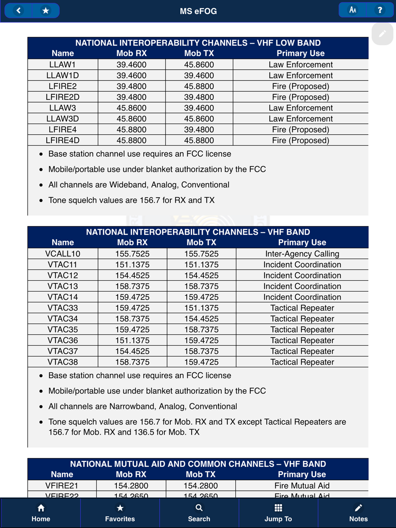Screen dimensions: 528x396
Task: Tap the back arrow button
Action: [18, 11]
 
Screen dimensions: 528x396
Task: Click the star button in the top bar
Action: [46, 11]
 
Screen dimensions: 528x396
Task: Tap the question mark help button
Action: [380, 10]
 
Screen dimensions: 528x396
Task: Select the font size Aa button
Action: [352, 10]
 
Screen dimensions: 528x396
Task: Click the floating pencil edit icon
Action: [382, 34]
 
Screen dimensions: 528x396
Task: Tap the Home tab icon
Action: [41, 508]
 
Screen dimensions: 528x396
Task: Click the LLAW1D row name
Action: [63, 76]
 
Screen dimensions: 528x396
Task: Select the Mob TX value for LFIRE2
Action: [199, 86]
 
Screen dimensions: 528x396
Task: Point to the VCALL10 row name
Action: [63, 254]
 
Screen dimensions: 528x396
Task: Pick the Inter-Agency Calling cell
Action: [302, 254]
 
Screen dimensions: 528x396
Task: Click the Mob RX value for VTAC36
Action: [132, 340]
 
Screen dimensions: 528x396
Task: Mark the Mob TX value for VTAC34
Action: [202, 319]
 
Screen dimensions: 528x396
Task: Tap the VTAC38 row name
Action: [63, 362]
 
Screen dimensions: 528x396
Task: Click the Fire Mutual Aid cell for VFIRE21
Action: [302, 486]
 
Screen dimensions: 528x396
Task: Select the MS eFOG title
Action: [198, 11]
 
